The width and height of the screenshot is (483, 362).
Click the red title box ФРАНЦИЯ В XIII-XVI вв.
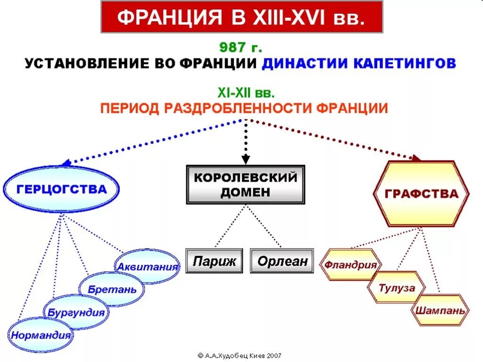pyautogui.click(x=241, y=17)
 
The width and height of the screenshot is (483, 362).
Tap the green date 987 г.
pyautogui.click(x=241, y=48)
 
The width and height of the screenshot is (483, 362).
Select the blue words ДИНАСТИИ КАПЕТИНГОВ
pyautogui.click(x=359, y=63)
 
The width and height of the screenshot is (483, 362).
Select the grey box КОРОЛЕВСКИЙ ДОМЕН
pyautogui.click(x=245, y=185)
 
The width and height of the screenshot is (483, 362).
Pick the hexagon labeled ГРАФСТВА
pyautogui.click(x=421, y=194)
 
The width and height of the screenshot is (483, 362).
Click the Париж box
pyautogui.click(x=214, y=261)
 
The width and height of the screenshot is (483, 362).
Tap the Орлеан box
pyautogui.click(x=282, y=261)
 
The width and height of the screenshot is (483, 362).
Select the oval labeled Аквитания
pyautogui.click(x=148, y=266)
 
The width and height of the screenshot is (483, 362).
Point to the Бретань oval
pyautogui.click(x=112, y=289)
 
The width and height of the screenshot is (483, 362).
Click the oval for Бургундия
pyautogui.click(x=76, y=312)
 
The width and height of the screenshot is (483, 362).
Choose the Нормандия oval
pyautogui.click(x=41, y=335)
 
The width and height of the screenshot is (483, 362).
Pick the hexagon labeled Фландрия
pyautogui.click(x=350, y=264)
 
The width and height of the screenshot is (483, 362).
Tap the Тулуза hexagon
pyautogui.click(x=397, y=287)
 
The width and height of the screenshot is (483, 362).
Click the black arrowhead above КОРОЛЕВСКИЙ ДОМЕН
pyautogui.click(x=245, y=157)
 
